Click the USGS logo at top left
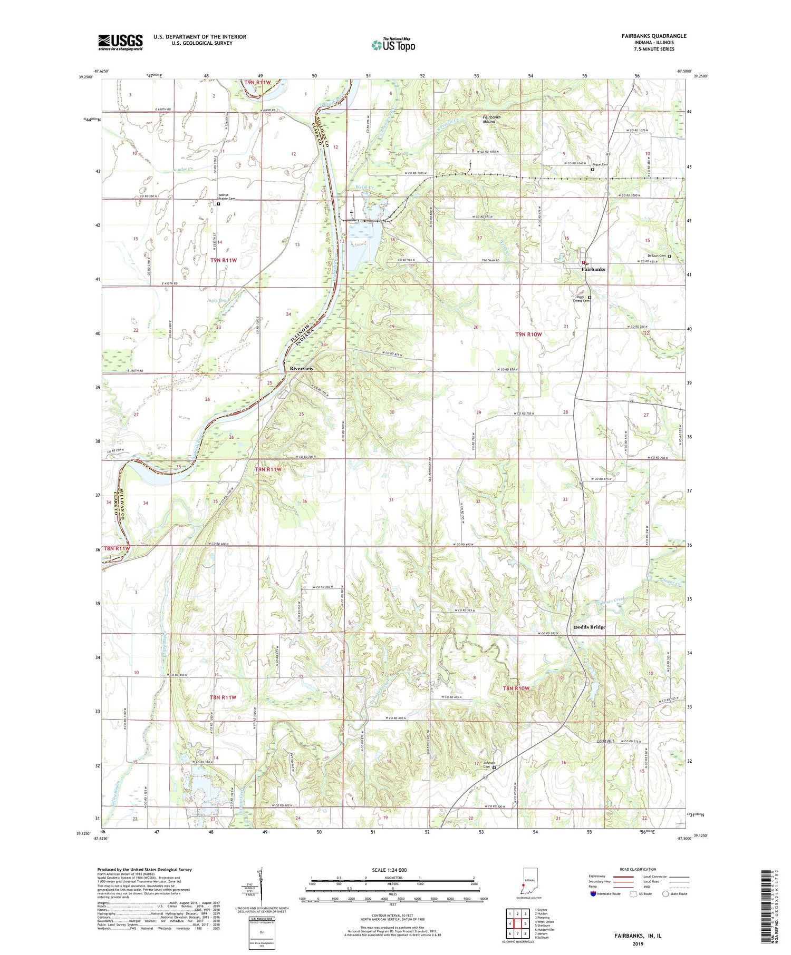pos(120,42)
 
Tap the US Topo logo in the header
pos(393,45)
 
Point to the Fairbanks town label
pos(593,269)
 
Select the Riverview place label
pos(301,368)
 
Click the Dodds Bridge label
pos(590,627)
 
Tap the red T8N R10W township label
pos(515,688)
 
